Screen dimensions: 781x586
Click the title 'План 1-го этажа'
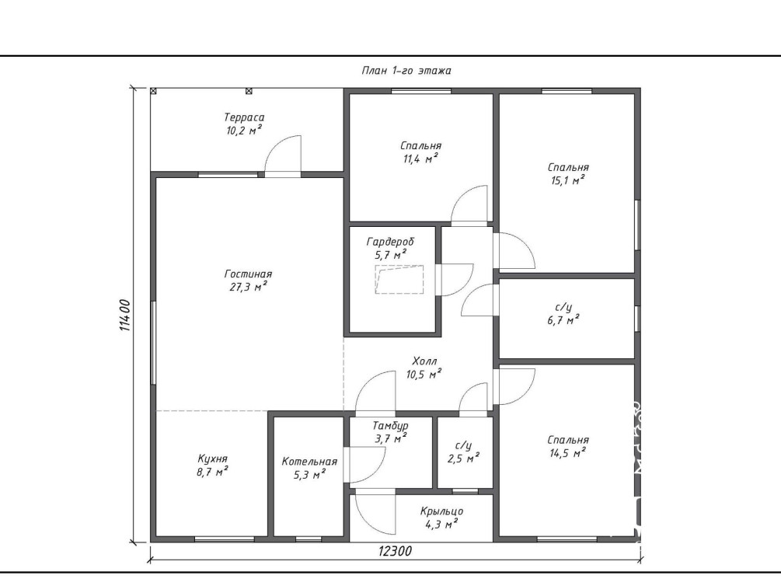406,71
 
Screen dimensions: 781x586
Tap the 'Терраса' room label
244,117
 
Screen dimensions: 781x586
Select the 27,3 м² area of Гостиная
248,287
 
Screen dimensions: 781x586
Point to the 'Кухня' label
212,459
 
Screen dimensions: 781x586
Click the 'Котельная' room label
309,462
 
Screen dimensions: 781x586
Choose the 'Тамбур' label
390,426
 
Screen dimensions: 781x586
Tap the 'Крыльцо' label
441,511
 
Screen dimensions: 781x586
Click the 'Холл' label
424,361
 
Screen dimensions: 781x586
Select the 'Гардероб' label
390,242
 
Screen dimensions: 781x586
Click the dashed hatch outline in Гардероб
399,280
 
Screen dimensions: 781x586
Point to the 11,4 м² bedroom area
421,159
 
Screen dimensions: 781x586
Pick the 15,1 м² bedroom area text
568,180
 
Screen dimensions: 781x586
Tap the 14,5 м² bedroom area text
568,453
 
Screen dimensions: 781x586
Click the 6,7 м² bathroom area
563,320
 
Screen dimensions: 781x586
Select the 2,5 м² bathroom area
463,459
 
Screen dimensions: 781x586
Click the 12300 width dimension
395,551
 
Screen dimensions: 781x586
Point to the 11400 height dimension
124,316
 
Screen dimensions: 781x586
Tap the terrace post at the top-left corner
153,91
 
